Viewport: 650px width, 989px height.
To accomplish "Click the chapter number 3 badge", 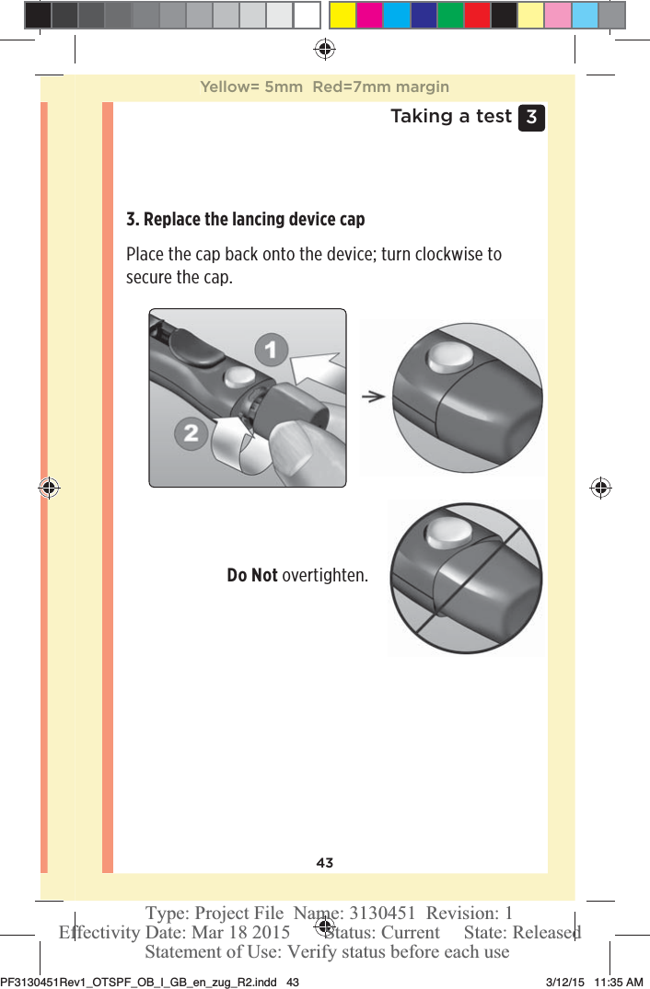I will (x=531, y=118).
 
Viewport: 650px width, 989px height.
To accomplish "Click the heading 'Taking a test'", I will (x=450, y=117).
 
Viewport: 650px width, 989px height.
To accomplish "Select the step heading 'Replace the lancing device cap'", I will (x=245, y=220).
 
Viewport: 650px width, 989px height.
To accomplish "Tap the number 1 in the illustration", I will (x=270, y=350).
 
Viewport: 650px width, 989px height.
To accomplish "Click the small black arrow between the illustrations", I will (x=372, y=397).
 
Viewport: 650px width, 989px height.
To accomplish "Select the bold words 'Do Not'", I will (x=251, y=576).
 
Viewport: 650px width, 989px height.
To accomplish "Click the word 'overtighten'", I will (x=324, y=576).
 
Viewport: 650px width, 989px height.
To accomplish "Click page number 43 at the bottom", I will (x=324, y=863).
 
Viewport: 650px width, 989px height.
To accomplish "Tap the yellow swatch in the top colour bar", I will (x=342, y=15).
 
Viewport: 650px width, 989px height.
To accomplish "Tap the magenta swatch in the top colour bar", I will (x=369, y=15).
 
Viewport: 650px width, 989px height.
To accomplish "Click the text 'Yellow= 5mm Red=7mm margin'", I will (x=324, y=87).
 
